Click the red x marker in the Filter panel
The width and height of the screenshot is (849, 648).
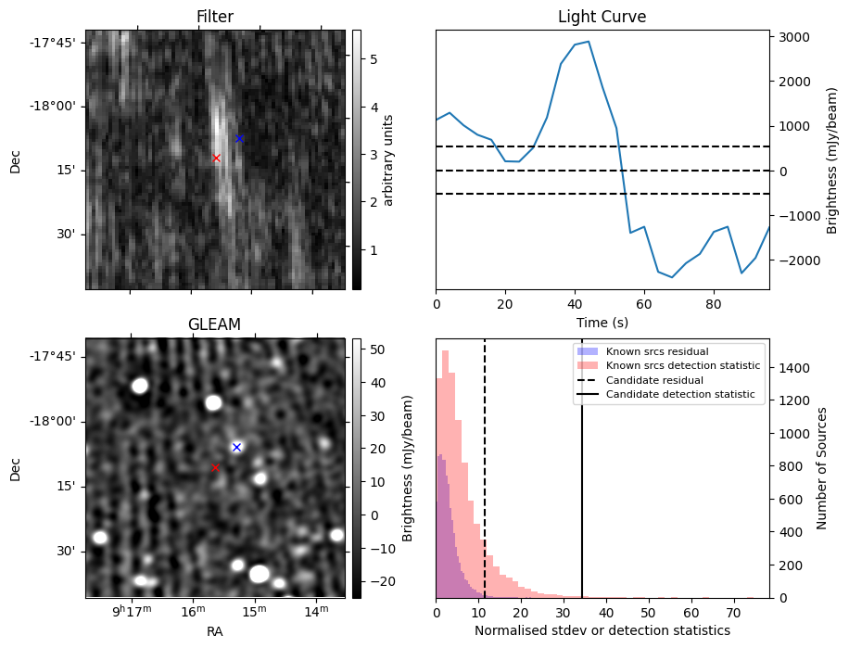tap(216, 159)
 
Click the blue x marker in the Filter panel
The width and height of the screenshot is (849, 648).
tap(239, 138)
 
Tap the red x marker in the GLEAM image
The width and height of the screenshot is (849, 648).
tap(216, 468)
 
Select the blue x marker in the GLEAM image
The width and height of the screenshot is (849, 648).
tap(236, 447)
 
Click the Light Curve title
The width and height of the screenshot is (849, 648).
tap(602, 17)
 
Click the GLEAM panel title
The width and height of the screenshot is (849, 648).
tap(214, 324)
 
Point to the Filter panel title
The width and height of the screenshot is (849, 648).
tap(214, 17)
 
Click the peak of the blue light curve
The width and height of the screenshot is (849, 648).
tap(589, 42)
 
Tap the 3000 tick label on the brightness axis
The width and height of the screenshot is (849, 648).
tap(794, 37)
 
